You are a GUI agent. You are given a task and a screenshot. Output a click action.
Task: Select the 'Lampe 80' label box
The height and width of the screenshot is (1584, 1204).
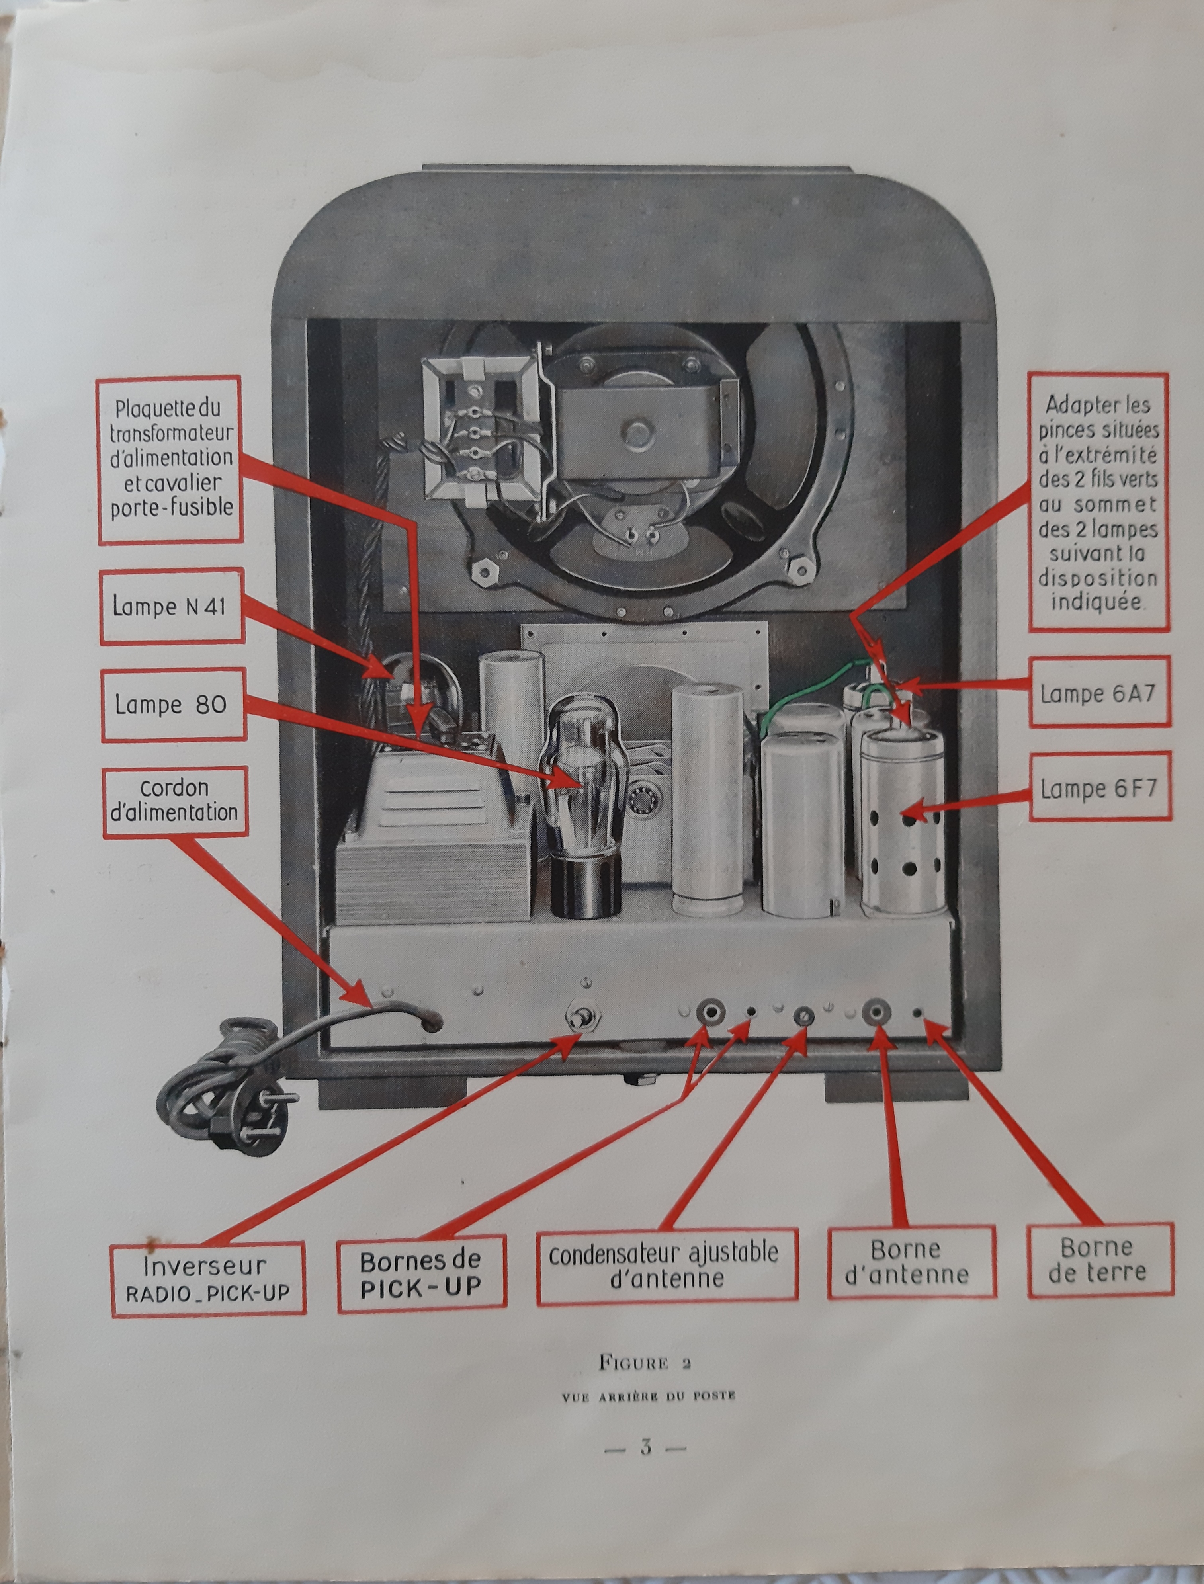tap(172, 704)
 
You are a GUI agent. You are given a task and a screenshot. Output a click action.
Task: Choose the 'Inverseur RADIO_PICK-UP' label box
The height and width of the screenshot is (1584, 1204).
tap(208, 1278)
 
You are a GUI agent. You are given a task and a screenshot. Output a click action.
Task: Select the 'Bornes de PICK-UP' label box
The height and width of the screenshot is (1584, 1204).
tap(421, 1274)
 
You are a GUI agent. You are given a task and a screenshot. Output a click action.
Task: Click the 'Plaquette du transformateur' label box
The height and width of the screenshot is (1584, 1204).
tap(170, 459)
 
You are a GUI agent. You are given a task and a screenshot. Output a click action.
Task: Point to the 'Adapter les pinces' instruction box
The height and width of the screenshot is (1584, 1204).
tap(1098, 502)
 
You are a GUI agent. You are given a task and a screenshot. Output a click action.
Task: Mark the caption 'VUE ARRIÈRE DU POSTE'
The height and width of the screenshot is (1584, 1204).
tap(649, 1396)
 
